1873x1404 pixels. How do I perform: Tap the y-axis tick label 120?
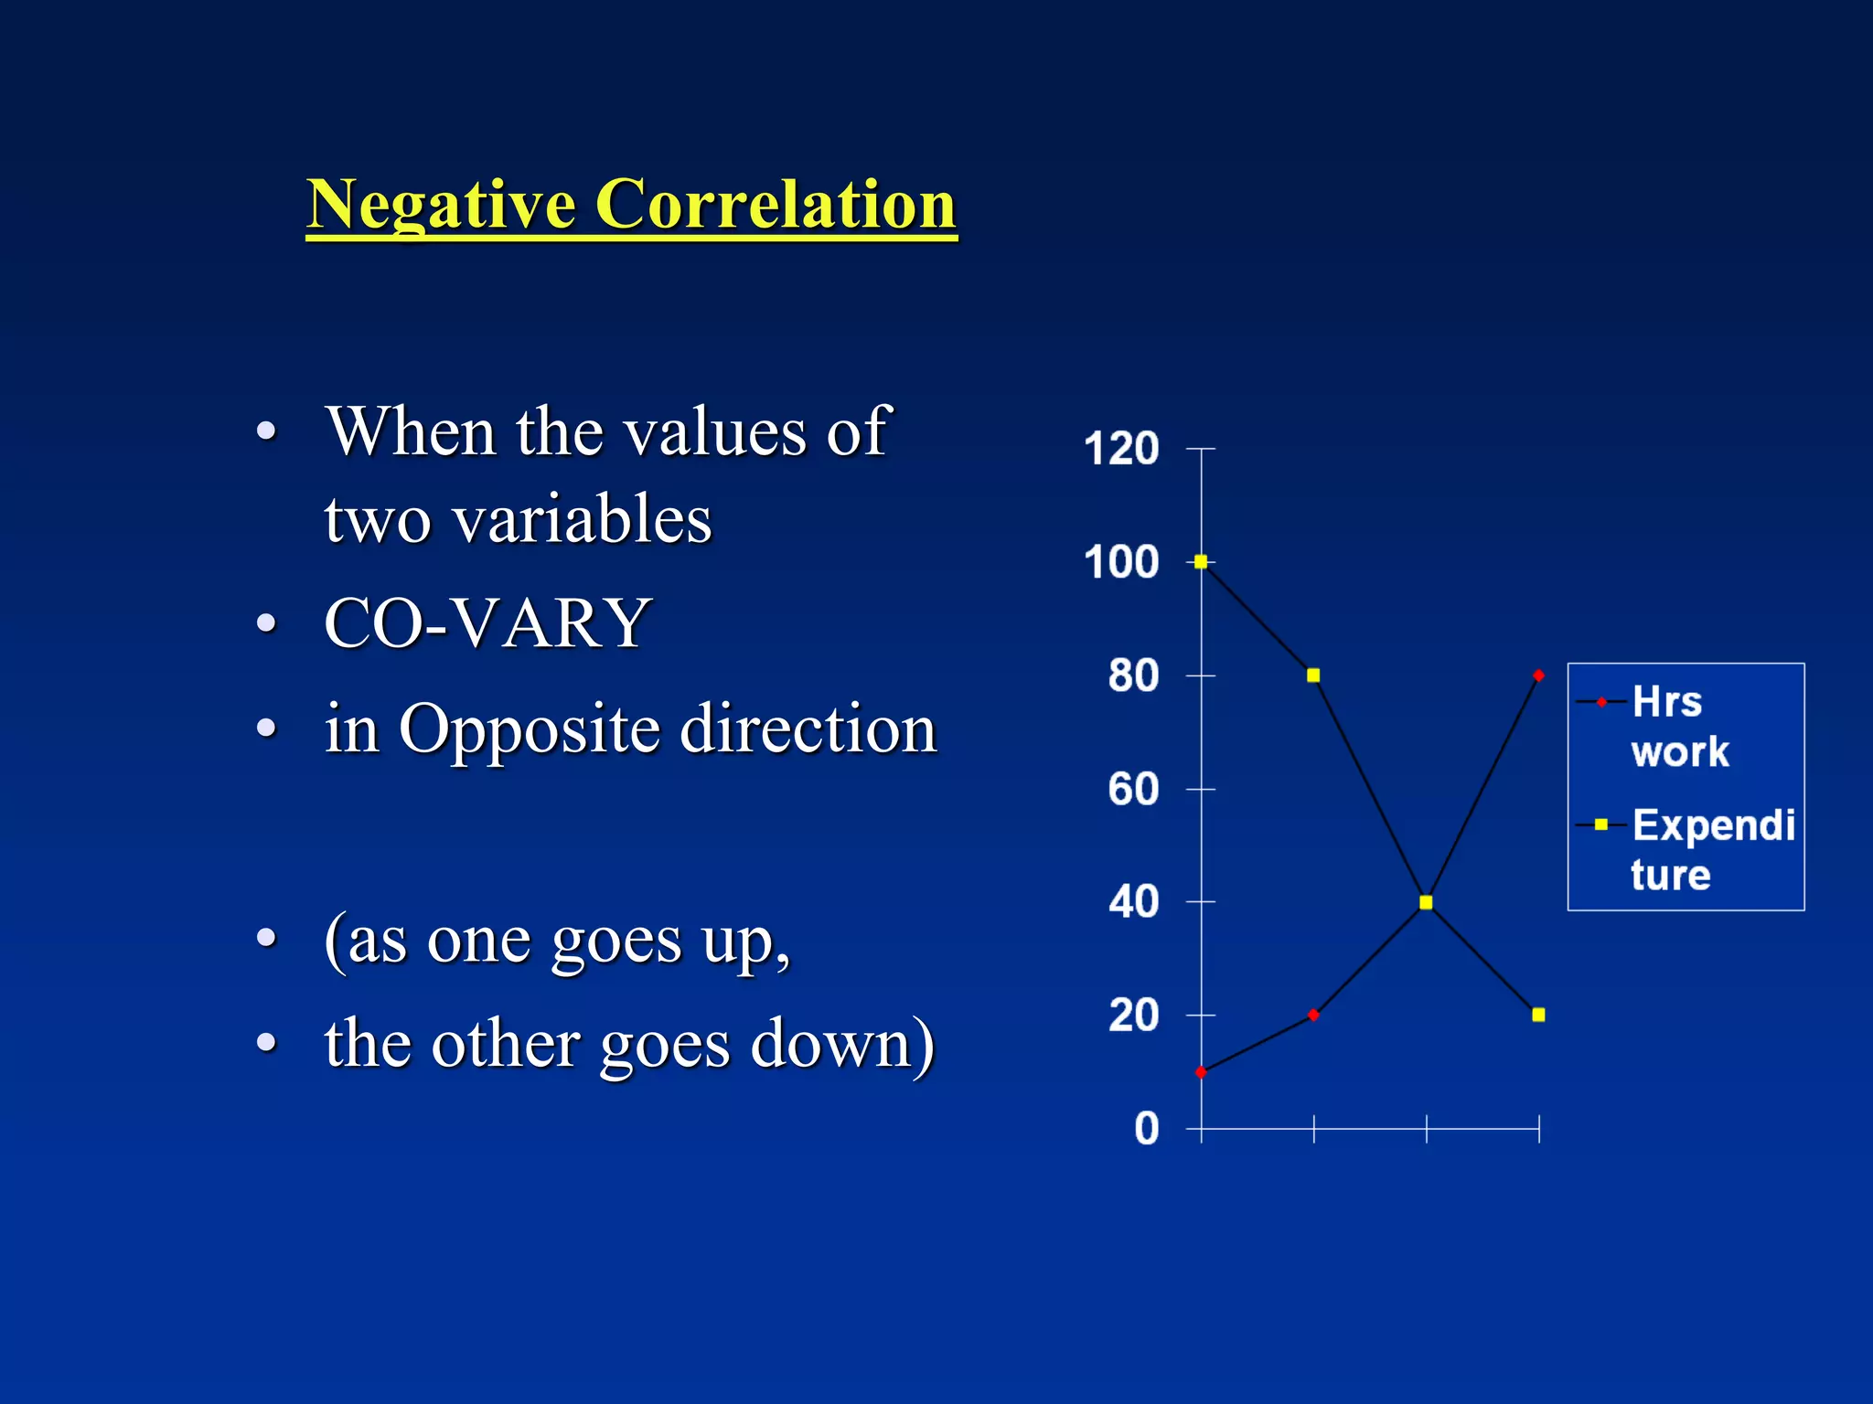tap(1120, 449)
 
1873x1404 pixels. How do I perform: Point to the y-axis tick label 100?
tap(1120, 562)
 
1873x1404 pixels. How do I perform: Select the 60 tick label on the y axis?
tap(1133, 789)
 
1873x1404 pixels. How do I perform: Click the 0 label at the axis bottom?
tap(1146, 1129)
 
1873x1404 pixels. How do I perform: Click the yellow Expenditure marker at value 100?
tap(1201, 562)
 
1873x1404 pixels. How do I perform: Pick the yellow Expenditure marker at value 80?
tap(1313, 675)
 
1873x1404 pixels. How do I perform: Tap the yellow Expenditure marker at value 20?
tap(1538, 1015)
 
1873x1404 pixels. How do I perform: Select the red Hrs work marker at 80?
tap(1538, 675)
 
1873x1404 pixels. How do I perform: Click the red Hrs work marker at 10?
tap(1201, 1072)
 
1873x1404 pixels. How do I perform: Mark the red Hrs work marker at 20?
tap(1313, 1015)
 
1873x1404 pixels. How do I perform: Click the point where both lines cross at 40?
tap(1426, 902)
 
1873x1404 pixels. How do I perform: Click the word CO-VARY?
tap(487, 623)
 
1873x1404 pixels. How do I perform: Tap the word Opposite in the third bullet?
tap(529, 729)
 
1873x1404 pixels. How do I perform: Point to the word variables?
tap(582, 519)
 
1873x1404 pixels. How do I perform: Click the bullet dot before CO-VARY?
tap(266, 623)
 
